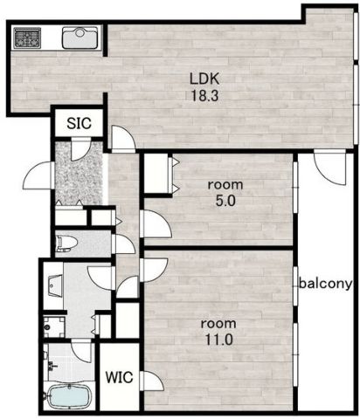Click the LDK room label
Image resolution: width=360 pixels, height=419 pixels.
click(204, 79)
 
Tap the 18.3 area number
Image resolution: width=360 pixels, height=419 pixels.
click(204, 95)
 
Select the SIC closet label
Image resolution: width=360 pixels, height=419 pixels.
click(79, 123)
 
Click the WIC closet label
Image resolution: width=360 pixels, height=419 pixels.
click(120, 377)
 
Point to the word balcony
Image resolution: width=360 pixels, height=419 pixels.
click(325, 283)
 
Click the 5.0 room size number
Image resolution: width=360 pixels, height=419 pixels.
click(225, 201)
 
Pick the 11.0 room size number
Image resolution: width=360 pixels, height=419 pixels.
click(219, 340)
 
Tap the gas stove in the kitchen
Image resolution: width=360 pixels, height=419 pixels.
click(27, 38)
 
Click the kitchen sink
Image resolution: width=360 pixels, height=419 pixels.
click(80, 38)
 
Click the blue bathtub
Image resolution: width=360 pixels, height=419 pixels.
click(69, 396)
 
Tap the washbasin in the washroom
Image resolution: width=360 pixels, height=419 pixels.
click(56, 285)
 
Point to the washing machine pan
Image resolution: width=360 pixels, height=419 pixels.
click(54, 327)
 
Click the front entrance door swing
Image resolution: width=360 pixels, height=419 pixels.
click(38, 175)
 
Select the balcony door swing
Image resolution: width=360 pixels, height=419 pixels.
click(329, 168)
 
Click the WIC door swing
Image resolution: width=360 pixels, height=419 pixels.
click(151, 381)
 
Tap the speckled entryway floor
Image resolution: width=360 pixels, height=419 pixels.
click(79, 174)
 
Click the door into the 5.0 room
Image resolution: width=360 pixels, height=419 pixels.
click(156, 224)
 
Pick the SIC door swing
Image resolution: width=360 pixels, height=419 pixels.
click(81, 149)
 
